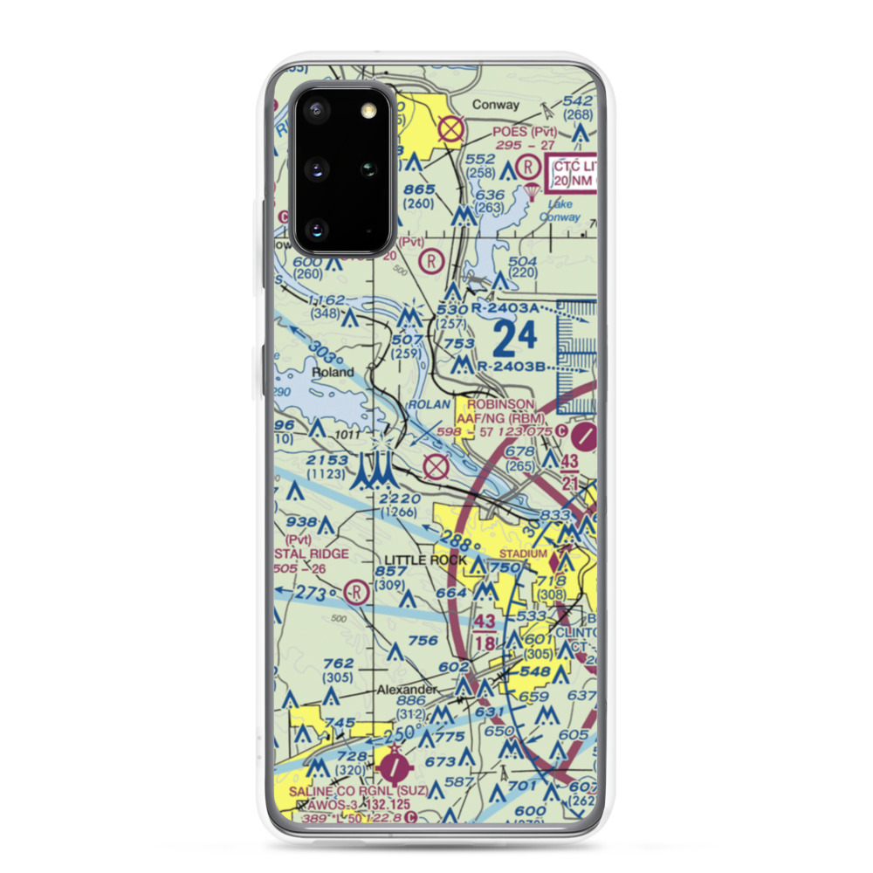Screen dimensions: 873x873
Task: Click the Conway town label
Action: pyautogui.click(x=495, y=105)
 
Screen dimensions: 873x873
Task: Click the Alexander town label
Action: pyautogui.click(x=406, y=690)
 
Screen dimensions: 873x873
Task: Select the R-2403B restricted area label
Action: pyautogui.click(x=511, y=368)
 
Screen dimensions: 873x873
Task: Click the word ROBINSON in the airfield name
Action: pyautogui.click(x=500, y=404)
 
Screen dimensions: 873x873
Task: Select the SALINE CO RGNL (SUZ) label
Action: pyautogui.click(x=360, y=790)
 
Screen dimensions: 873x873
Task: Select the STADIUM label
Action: pyautogui.click(x=523, y=554)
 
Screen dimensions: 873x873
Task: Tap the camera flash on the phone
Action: pyautogui.click(x=368, y=108)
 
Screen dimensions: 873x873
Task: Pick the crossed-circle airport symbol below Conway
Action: pyautogui.click(x=450, y=130)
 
